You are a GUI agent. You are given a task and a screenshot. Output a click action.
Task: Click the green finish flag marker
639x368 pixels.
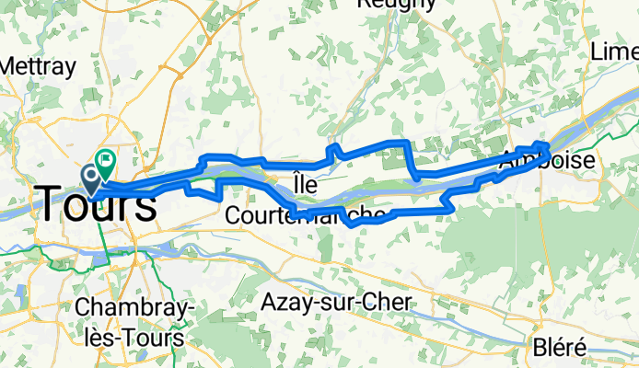(x=105, y=159)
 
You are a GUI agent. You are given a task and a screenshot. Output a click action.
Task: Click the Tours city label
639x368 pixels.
(x=97, y=203)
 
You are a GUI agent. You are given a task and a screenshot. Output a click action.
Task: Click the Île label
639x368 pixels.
(x=305, y=185)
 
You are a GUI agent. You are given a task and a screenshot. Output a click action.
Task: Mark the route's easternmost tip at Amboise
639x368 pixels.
(x=549, y=145)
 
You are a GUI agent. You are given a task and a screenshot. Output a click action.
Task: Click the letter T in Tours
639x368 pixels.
(x=51, y=203)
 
